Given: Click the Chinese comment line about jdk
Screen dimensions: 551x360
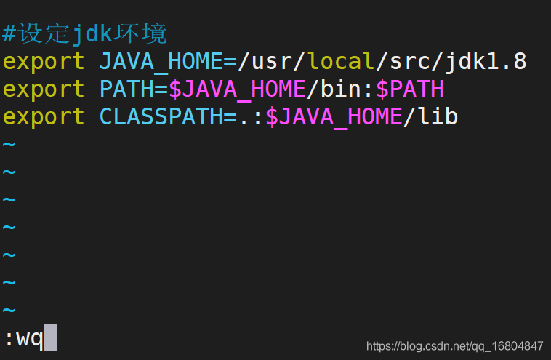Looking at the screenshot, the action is pyautogui.click(x=84, y=33).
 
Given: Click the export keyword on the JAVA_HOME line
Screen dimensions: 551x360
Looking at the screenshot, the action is pyautogui.click(x=44, y=62).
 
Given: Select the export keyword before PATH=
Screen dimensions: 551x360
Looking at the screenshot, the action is pyautogui.click(x=44, y=89).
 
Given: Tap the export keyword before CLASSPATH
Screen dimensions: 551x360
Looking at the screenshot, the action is pyautogui.click(x=44, y=117).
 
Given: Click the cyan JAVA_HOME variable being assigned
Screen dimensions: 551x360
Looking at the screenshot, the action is pyautogui.click(x=161, y=62).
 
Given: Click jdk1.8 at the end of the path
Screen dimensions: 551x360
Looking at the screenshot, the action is pyautogui.click(x=486, y=63).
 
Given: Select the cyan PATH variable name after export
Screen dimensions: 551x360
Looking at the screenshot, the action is pyautogui.click(x=126, y=89).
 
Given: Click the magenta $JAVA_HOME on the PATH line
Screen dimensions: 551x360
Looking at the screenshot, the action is pyautogui.click(x=237, y=89).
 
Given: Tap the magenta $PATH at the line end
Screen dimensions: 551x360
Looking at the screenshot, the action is pyautogui.click(x=410, y=89).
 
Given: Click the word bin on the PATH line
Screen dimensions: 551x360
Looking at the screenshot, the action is pyautogui.click(x=341, y=88).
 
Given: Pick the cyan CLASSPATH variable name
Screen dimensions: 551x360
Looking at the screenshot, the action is pyautogui.click(x=161, y=116).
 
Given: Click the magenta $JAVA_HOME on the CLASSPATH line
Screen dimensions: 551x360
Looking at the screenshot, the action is pyautogui.click(x=334, y=117).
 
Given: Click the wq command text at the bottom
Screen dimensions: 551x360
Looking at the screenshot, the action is pyautogui.click(x=30, y=339).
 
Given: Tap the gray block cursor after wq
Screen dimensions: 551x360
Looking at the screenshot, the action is pyautogui.click(x=50, y=337).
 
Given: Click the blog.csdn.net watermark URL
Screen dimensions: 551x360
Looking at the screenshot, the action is pyautogui.click(x=455, y=346).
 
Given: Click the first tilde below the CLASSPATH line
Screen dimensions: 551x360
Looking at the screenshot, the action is pyautogui.click(x=9, y=144).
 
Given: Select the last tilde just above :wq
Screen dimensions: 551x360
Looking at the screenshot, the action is pyautogui.click(x=9, y=310).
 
